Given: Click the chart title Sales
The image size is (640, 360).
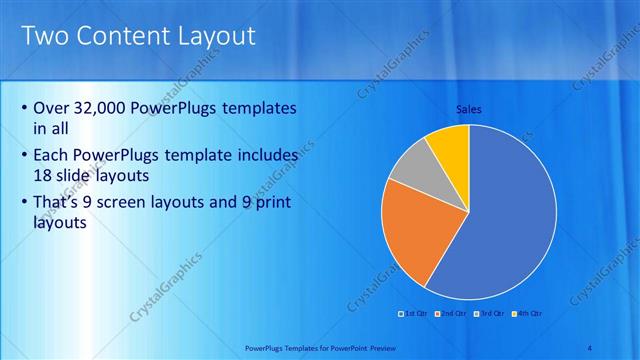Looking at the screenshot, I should tap(469, 109).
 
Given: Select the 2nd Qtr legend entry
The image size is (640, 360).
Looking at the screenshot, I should tap(453, 314).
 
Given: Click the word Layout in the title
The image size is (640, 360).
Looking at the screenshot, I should tap(211, 37).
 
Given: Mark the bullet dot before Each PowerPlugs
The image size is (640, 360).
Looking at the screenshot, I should tap(24, 157).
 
